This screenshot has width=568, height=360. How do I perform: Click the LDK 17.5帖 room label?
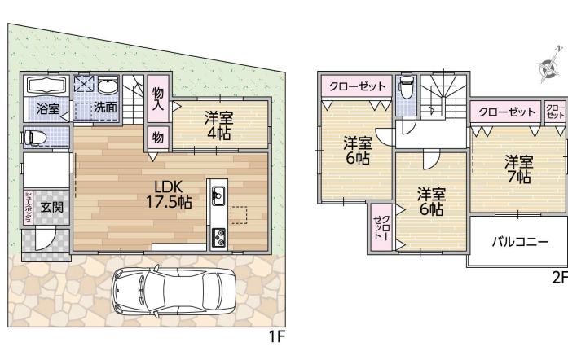[x=169, y=194]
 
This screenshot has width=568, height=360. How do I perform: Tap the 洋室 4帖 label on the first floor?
[x=218, y=125]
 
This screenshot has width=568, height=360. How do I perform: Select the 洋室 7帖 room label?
[x=519, y=169]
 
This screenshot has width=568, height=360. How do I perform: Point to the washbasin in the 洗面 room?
[x=108, y=86]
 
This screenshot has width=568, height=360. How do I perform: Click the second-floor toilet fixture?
[x=405, y=87]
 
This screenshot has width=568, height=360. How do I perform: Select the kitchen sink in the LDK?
[x=218, y=195]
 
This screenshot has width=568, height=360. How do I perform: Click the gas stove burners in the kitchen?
[x=218, y=238]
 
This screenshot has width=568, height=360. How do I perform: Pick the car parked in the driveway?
[x=174, y=292]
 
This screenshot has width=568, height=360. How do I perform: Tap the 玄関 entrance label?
[x=51, y=207]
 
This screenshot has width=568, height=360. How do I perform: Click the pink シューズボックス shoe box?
[x=29, y=207]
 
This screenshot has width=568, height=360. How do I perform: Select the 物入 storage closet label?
[x=157, y=99]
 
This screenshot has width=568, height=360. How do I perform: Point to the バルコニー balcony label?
[x=520, y=242]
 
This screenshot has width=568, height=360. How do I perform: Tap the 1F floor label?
[x=277, y=337]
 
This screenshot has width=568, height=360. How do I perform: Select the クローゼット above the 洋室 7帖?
[x=507, y=112]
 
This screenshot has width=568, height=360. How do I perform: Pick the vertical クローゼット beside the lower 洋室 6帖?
[x=382, y=227]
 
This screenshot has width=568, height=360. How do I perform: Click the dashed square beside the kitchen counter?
[x=239, y=215]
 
